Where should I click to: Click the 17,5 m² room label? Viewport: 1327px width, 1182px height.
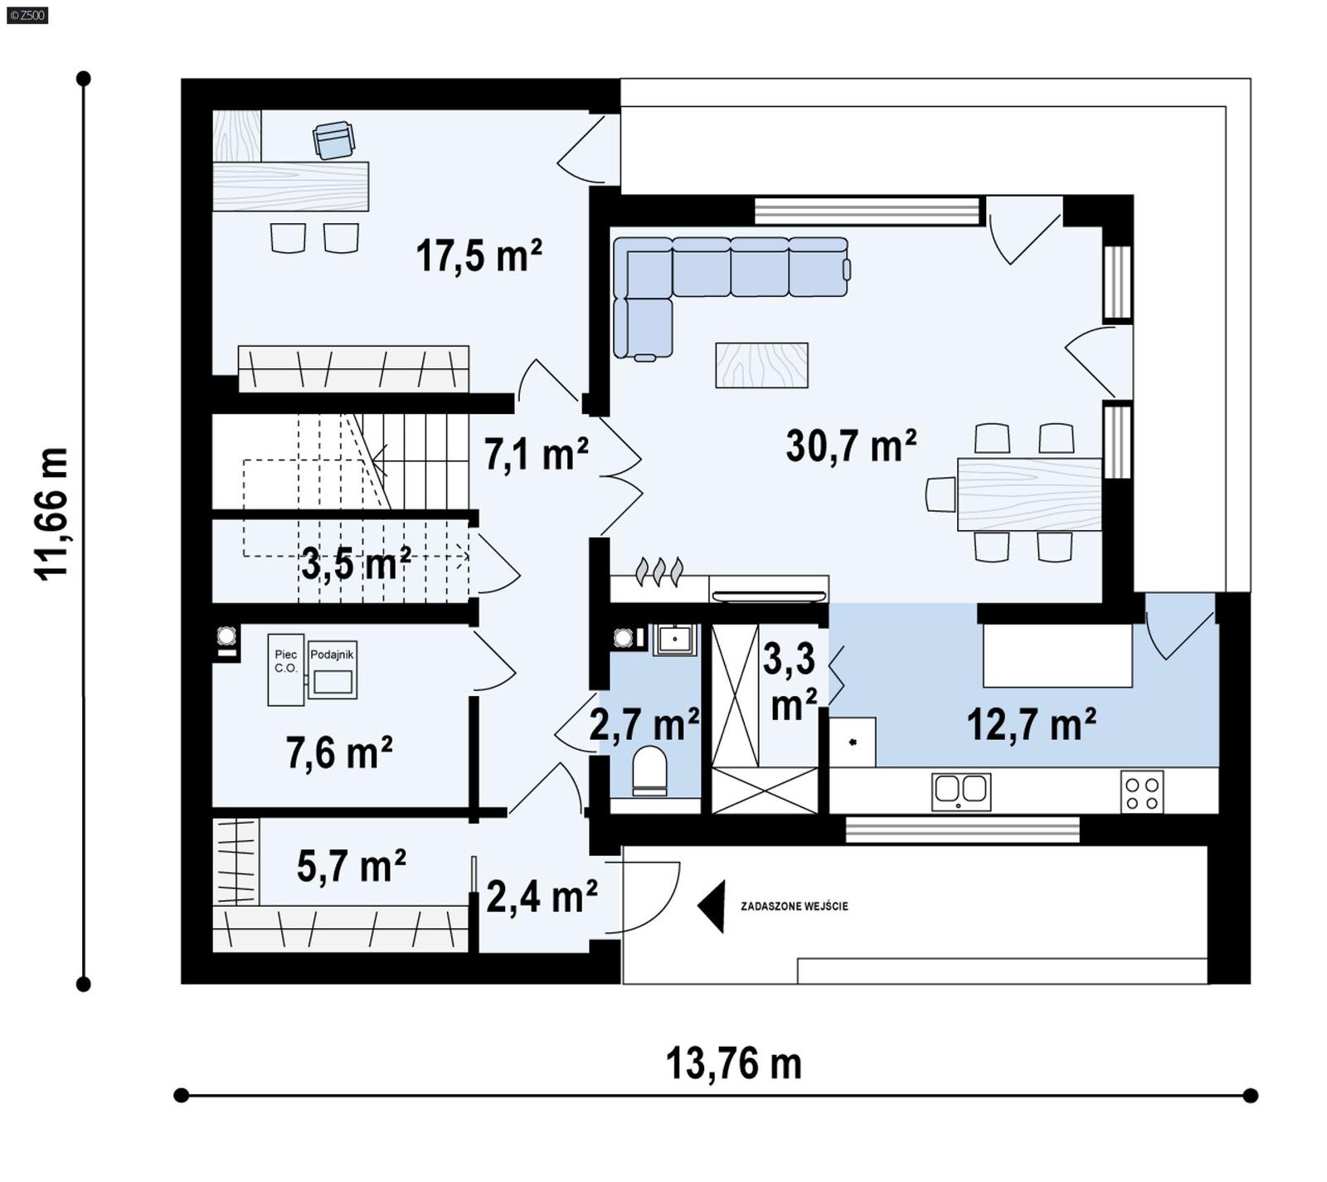tap(479, 255)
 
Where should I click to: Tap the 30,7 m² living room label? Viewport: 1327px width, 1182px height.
tap(851, 446)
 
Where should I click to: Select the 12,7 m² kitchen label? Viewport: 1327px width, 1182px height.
tap(1031, 725)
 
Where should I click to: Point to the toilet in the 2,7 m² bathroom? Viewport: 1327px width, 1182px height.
tap(649, 769)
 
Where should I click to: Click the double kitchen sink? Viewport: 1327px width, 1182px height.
tap(960, 790)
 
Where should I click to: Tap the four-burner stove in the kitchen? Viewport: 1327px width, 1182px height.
tap(1141, 791)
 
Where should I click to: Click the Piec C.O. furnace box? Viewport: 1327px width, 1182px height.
tap(285, 669)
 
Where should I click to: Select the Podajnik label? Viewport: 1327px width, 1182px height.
tap(332, 654)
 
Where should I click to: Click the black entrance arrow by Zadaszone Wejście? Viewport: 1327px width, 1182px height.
tap(712, 906)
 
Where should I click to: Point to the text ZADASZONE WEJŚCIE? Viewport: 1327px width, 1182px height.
tap(794, 907)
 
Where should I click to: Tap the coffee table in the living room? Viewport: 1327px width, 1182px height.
tap(761, 365)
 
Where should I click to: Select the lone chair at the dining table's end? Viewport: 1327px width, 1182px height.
tap(940, 494)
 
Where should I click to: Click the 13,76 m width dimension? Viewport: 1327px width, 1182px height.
tap(734, 1063)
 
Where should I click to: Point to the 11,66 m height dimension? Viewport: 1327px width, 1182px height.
tap(51, 514)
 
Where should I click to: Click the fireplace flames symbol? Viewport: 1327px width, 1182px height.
tap(659, 571)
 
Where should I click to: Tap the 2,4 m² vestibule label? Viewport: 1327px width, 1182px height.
tap(542, 897)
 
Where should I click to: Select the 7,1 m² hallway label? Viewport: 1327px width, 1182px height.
tap(536, 455)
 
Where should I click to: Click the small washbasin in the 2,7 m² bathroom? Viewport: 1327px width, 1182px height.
tap(676, 640)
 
